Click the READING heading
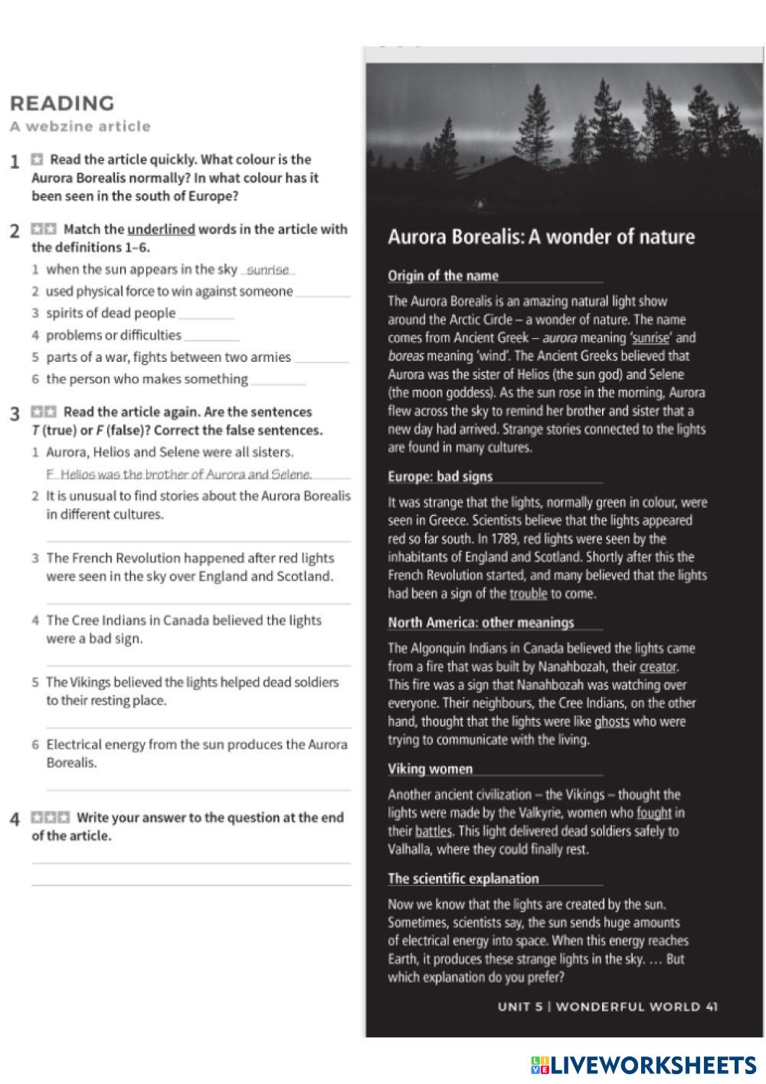coord(62,103)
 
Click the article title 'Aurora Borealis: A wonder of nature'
coord(541,237)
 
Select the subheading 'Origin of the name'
coord(443,276)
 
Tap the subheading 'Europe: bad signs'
coord(440,477)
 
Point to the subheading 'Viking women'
coord(430,769)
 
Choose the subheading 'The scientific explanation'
coord(463,879)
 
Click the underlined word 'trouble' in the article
coord(528,593)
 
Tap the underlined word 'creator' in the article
coord(657,667)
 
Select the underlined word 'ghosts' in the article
coord(611,721)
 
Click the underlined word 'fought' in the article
coord(653,813)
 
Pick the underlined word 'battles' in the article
coord(434,831)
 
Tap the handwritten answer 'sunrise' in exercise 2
coord(268,270)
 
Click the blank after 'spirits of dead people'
coord(206,314)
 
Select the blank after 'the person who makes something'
coord(278,380)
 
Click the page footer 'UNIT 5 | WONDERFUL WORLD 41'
coord(607,1007)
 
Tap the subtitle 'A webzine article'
coord(80,126)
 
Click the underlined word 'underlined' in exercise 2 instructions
coord(161,229)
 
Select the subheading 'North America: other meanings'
coord(480,622)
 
